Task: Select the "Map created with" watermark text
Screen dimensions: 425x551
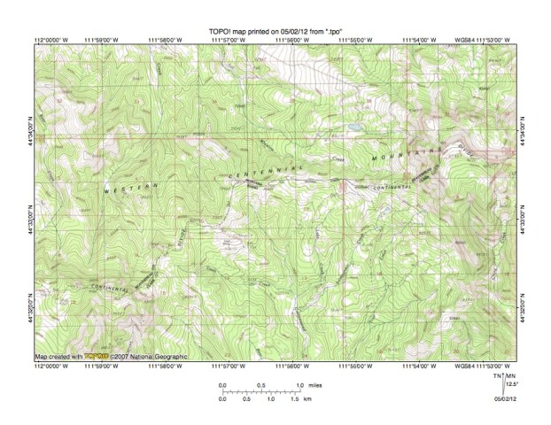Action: tap(59, 358)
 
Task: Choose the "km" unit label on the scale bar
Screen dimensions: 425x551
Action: tap(307, 399)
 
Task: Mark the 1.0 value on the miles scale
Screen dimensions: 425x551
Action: tap(301, 385)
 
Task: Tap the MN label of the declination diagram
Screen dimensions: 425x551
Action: tap(511, 376)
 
